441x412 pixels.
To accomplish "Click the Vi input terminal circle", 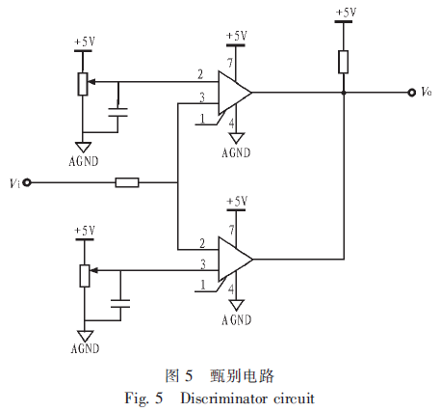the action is [x=28, y=182].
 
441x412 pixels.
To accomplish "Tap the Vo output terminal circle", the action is [x=412, y=93].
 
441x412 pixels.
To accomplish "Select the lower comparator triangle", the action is [x=235, y=259].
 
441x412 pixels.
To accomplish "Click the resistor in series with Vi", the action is [x=127, y=182].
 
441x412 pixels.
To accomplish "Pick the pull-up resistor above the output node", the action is [x=343, y=62].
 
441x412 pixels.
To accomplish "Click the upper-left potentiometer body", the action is [x=83, y=84].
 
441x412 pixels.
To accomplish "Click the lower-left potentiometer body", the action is [x=85, y=276].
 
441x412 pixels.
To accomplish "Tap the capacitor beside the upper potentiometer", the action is [x=117, y=112].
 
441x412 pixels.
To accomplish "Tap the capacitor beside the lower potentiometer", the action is [x=120, y=304].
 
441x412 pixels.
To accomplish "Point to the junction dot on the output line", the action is [x=344, y=93].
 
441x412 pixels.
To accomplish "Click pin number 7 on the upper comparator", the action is [x=230, y=63].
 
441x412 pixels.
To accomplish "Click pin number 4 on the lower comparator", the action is [x=231, y=289].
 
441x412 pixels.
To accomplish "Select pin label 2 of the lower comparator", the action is [x=202, y=243].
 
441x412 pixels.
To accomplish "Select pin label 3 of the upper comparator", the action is [x=202, y=97].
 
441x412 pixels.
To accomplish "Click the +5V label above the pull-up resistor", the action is [x=346, y=13].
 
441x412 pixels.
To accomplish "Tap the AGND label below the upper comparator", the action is [x=236, y=152].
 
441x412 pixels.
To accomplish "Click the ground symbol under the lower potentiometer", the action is [x=85, y=337].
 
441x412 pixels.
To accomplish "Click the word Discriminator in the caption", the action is [x=223, y=398].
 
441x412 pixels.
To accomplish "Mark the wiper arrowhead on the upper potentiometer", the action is [x=91, y=82].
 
